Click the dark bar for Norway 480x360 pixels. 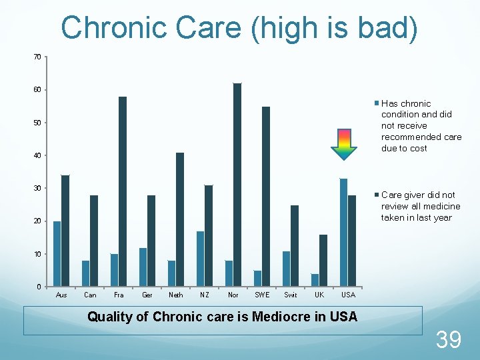click(237, 185)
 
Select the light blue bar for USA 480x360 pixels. click(343, 233)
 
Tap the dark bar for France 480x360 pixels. click(123, 191)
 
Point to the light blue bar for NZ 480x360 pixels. click(200, 259)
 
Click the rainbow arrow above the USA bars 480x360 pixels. click(344, 145)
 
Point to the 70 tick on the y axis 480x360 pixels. click(37, 57)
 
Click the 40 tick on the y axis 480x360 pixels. click(37, 155)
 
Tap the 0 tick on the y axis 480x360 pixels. click(39, 287)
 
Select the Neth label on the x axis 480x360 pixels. click(176, 295)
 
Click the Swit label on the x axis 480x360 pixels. click(291, 295)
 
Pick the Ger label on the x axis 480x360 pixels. click(147, 295)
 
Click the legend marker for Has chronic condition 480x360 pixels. click(377, 103)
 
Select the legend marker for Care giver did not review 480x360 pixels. click(377, 195)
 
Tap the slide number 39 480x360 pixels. click(448, 340)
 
